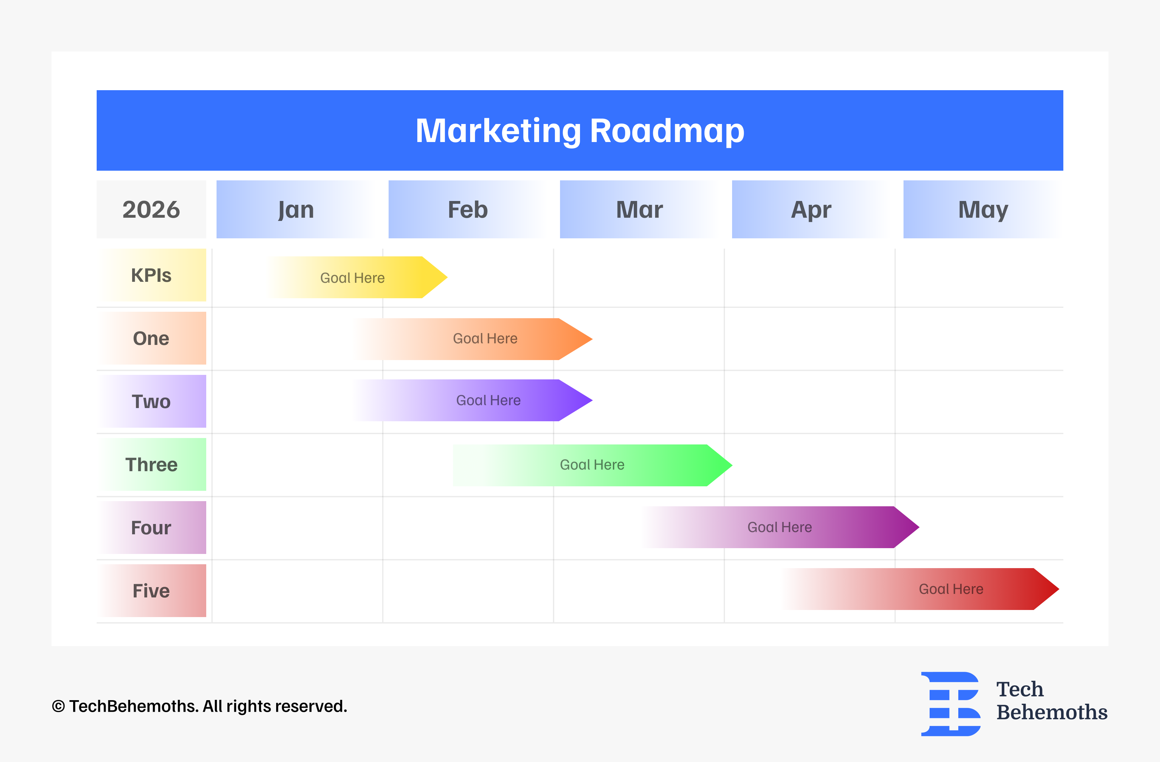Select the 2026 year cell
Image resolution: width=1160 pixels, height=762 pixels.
coord(151,209)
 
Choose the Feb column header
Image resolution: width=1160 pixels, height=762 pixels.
coord(468,209)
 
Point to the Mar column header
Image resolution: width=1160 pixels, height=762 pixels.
coord(640,209)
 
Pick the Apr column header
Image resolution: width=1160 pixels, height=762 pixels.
coord(811,209)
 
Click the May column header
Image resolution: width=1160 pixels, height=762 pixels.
coord(982,209)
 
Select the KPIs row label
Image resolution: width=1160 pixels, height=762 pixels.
coord(151,275)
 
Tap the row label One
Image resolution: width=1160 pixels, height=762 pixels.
coord(151,338)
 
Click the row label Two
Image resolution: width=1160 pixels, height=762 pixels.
coord(151,402)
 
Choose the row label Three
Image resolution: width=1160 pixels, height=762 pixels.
coord(151,464)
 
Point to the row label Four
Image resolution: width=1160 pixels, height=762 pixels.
coord(151,528)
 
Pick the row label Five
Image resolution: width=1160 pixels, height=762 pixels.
coord(151,590)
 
